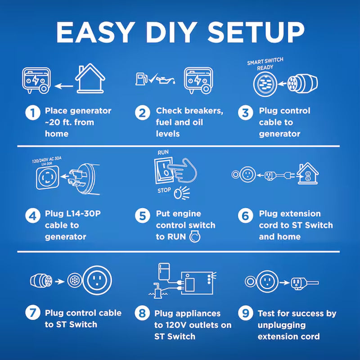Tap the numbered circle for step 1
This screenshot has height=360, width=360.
tap(33, 112)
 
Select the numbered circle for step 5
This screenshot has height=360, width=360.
tap(142, 216)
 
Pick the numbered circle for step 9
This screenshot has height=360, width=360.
tap(245, 313)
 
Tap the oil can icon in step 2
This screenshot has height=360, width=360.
tap(166, 80)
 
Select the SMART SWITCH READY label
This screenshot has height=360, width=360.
tap(265, 64)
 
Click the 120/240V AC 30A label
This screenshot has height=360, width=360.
tap(47, 160)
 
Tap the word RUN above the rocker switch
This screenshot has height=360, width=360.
tap(163, 152)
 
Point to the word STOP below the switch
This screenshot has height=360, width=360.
tap(164, 190)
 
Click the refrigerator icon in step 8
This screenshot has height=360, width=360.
tap(164, 272)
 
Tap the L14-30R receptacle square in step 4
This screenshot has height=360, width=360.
tap(48, 177)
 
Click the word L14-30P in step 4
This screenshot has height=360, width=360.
tap(84, 214)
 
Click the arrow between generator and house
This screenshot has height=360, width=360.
tap(63, 86)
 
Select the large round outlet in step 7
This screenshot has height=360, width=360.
tap(97, 280)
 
